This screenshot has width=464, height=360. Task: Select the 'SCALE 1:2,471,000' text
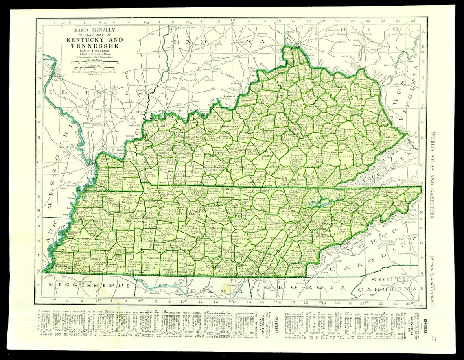pyautogui.click(x=92, y=50)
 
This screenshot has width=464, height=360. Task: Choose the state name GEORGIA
pyautogui.click(x=306, y=288)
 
